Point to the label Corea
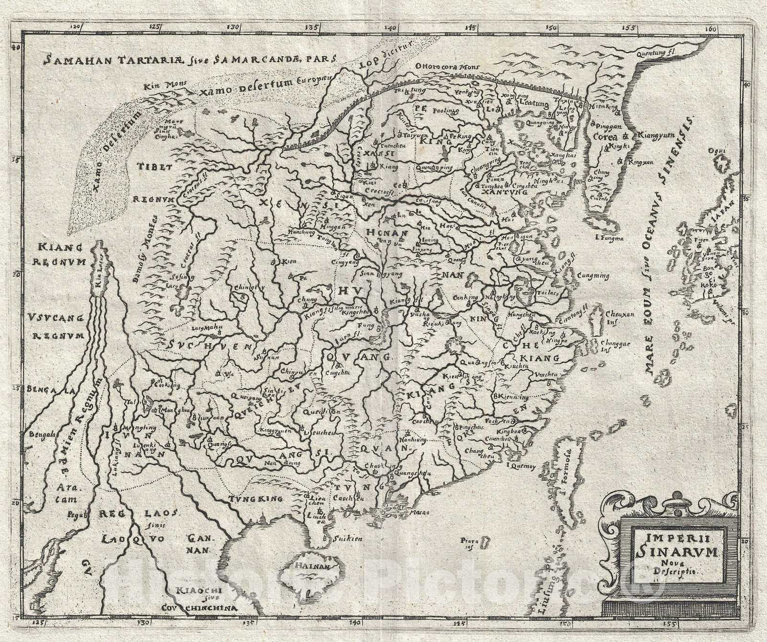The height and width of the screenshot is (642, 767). [604, 136]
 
